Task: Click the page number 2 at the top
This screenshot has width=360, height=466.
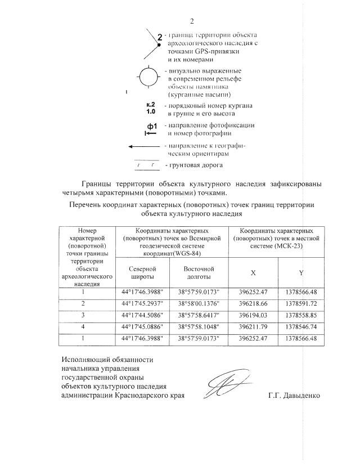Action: pos(192,22)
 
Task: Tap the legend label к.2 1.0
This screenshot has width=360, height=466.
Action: pos(150,108)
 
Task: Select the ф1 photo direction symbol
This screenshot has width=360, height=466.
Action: pos(151,129)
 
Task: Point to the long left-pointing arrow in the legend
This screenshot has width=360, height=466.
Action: pos(144,146)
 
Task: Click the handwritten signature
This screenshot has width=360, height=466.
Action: pos(225,386)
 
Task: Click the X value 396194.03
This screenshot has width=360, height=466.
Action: pos(254,315)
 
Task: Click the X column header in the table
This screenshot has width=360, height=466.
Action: pos(254,273)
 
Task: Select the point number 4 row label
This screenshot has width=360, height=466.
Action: pos(83,326)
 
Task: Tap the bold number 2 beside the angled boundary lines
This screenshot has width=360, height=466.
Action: pos(160,38)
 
